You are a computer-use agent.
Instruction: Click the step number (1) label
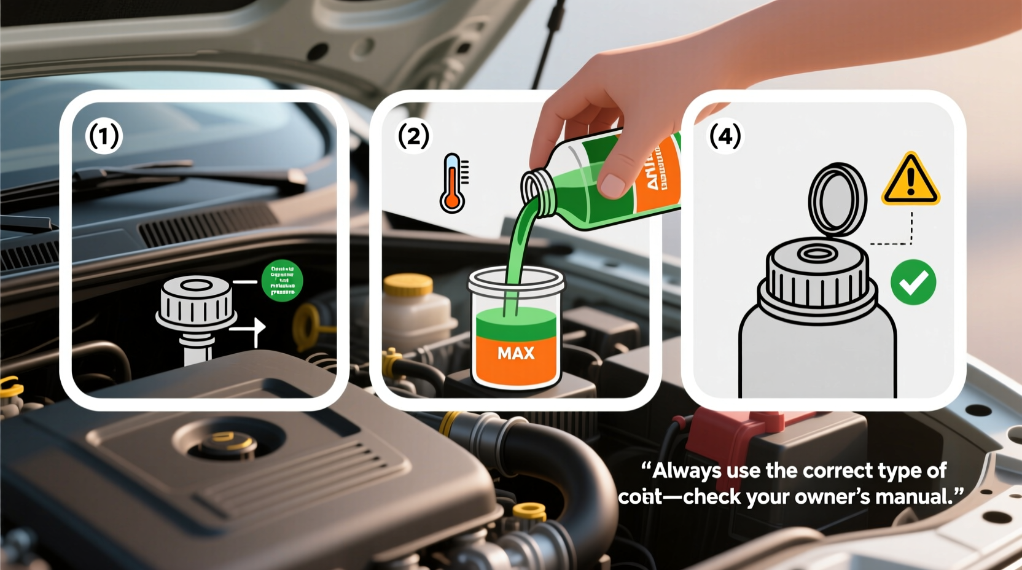[x=104, y=136]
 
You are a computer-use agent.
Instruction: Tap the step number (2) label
[x=413, y=136]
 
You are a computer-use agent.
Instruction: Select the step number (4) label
[x=725, y=136]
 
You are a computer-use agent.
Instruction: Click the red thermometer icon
[x=453, y=183]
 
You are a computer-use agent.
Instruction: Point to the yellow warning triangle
[x=910, y=180]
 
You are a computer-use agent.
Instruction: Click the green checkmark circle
[x=913, y=282]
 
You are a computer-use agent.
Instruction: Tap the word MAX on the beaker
[x=516, y=353]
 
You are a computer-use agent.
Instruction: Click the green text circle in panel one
[x=282, y=281]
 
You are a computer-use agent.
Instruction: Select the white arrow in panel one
[x=250, y=330]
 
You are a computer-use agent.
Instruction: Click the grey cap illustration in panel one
[x=196, y=302]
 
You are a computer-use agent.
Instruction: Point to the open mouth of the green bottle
[x=537, y=185]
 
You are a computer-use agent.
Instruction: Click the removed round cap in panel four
[x=837, y=200]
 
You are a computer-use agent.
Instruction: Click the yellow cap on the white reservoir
[x=408, y=284]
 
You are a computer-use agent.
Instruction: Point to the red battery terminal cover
[x=731, y=429]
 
